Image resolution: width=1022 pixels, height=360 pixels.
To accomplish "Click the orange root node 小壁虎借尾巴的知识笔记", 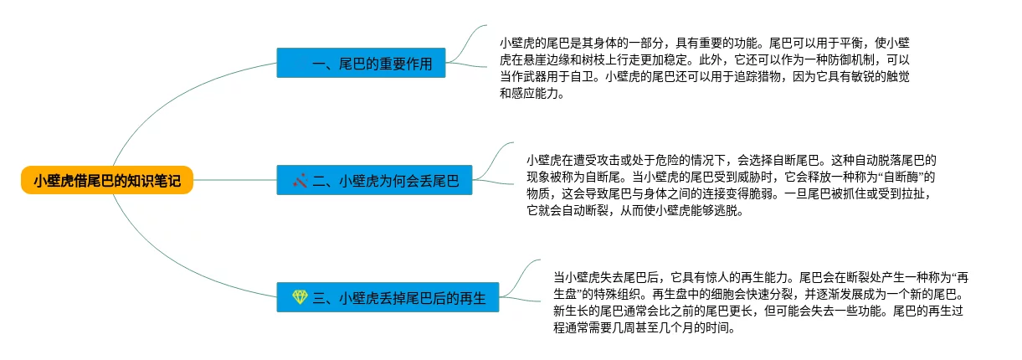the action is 106,180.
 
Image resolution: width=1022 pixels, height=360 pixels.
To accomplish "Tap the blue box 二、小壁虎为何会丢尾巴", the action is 374,180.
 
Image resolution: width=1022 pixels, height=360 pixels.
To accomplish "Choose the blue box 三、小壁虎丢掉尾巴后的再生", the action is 388,297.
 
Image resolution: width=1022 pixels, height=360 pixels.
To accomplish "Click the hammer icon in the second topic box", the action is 299,180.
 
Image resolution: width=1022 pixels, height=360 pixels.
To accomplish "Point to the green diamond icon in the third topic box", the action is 300,297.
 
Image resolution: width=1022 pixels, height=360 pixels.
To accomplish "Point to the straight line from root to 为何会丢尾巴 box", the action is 234,180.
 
